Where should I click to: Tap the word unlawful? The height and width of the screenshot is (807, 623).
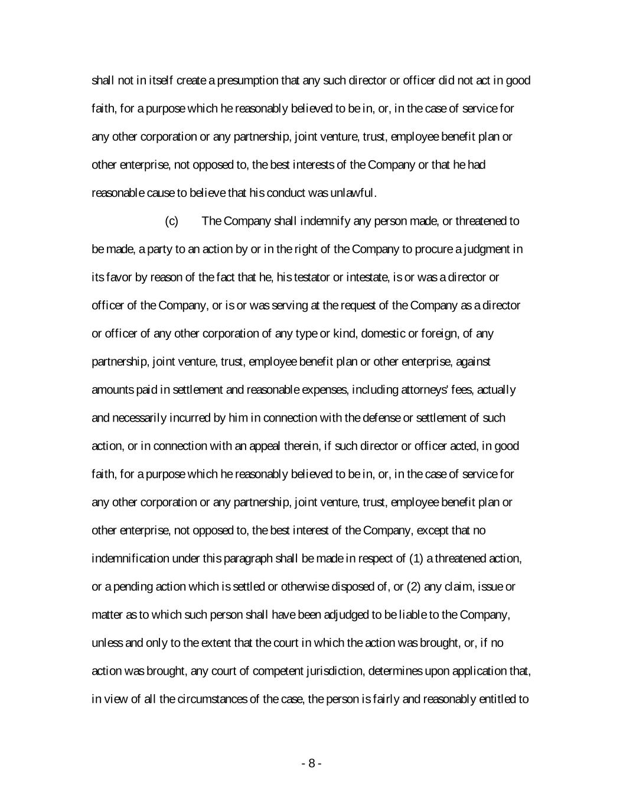(x=357, y=193)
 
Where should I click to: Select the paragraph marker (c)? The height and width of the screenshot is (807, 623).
(x=171, y=221)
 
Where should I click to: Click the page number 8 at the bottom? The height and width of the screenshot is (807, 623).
(x=311, y=763)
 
